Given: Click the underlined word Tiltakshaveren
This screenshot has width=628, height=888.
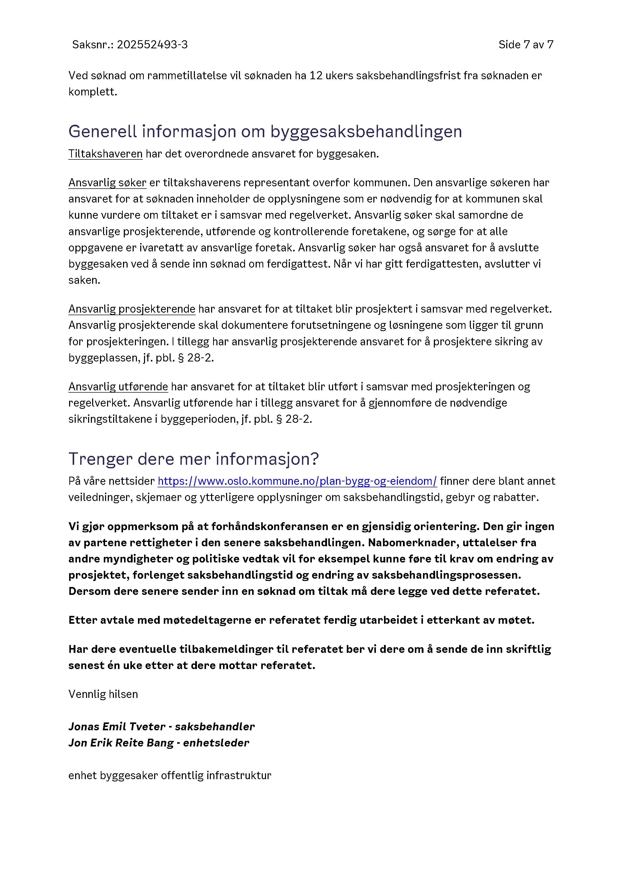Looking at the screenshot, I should pyautogui.click(x=105, y=154).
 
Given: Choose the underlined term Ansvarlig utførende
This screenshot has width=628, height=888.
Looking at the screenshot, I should pyautogui.click(x=118, y=387).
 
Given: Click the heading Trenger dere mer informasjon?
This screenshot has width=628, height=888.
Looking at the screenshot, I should pyautogui.click(x=193, y=459).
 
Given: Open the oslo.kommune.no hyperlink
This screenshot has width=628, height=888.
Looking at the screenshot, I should pyautogui.click(x=297, y=481).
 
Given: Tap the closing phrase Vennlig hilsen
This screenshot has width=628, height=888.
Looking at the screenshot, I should pyautogui.click(x=103, y=694).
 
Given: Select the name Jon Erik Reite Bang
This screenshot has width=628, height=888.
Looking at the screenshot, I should pyautogui.click(x=121, y=743).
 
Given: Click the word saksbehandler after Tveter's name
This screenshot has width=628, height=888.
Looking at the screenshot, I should pyautogui.click(x=215, y=727).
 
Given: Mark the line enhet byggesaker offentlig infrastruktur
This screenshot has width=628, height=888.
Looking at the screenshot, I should pyautogui.click(x=170, y=775).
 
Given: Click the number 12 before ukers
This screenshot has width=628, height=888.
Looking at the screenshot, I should pyautogui.click(x=316, y=75).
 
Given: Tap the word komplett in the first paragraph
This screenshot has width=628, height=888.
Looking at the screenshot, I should pyautogui.click(x=92, y=92).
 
